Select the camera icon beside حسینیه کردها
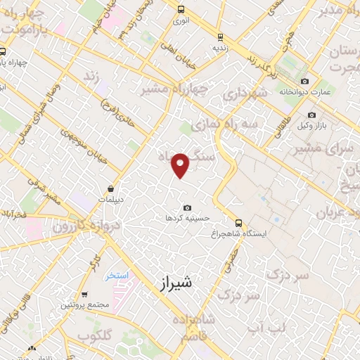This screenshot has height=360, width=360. (187, 207)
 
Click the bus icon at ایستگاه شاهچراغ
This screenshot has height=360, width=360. (238, 222)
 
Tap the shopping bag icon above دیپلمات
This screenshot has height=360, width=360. (112, 188)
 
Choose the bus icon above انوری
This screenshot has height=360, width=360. (181, 10)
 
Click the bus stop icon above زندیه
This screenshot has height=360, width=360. (220, 37)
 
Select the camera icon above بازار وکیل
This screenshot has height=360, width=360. (311, 115)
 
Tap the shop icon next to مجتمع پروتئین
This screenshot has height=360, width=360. (85, 295)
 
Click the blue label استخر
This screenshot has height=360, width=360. (117, 275)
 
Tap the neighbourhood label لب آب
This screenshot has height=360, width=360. (267, 328)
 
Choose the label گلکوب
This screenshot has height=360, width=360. (95, 337)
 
